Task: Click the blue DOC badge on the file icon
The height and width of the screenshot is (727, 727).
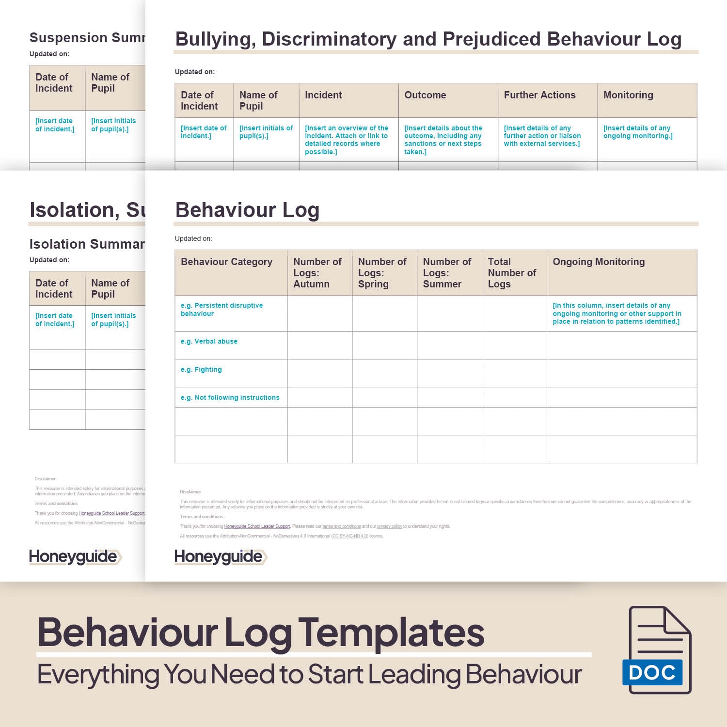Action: pos(652,672)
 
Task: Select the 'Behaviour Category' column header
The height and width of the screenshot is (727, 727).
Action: pos(226,262)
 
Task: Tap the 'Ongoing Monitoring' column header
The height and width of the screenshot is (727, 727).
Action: pos(599,262)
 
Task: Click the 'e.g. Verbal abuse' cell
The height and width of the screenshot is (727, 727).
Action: pos(209,342)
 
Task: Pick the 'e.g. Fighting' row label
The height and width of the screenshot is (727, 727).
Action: pos(201,370)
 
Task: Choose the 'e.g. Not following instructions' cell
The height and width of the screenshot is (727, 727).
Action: pos(230,398)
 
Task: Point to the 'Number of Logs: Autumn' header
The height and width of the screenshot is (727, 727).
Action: pos(317,273)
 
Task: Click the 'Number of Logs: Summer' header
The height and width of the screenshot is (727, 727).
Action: pos(447,273)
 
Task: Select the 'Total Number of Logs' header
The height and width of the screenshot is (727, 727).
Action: pos(512,273)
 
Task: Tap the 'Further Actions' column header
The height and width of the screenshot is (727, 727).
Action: pos(539,95)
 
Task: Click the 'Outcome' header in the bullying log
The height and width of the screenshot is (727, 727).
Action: pos(425,95)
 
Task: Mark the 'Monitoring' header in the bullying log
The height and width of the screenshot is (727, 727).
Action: pos(628,95)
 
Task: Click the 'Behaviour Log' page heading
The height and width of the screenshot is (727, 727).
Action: pos(247,210)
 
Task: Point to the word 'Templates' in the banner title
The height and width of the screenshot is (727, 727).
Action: pos(391,632)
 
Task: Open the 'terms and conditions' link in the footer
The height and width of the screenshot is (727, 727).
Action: pos(342,526)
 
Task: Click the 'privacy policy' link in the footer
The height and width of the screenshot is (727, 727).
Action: pos(389,526)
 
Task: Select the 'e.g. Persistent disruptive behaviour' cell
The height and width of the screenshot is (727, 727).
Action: pos(221,310)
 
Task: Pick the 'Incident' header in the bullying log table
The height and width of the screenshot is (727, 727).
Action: pos(323,95)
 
